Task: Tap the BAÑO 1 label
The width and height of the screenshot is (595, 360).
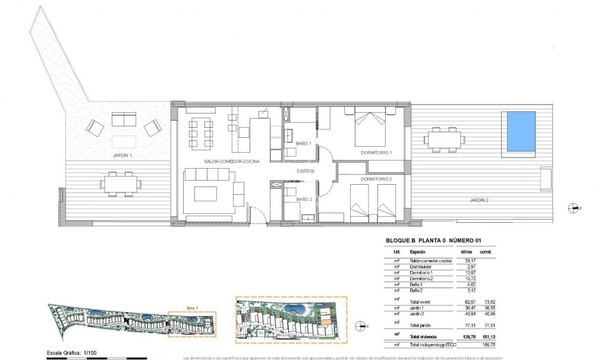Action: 303,144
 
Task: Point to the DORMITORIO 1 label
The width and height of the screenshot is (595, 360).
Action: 376,153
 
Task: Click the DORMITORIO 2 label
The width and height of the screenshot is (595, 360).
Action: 376,178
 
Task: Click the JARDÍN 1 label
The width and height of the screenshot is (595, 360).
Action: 122,155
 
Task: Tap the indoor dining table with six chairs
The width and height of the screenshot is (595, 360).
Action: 200,134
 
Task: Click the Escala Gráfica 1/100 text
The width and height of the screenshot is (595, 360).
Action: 73,353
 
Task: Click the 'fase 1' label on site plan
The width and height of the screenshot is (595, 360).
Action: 191,307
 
